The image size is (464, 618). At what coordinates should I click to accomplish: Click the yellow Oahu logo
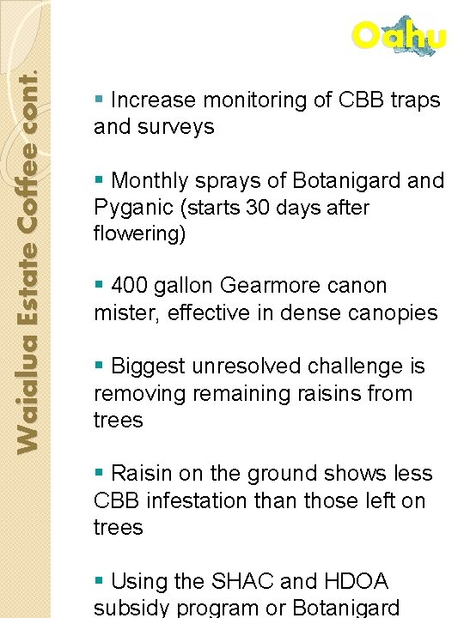click(400, 36)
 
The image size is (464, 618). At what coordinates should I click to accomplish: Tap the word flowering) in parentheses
click(140, 234)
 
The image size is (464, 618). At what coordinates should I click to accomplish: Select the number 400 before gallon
click(131, 286)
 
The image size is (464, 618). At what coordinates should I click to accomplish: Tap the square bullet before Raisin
click(100, 472)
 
